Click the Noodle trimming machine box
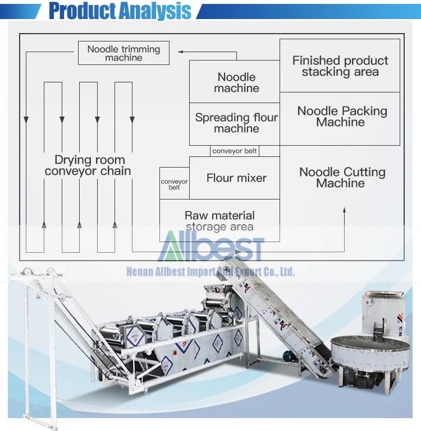[x=123, y=53]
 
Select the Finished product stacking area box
[x=340, y=66]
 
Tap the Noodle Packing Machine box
[x=340, y=119]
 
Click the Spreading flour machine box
[x=235, y=124]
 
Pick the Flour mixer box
[x=235, y=178]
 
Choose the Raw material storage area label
[x=219, y=221]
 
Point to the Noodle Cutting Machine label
[x=342, y=178]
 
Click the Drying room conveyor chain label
[x=88, y=165]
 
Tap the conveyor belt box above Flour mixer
[x=235, y=151]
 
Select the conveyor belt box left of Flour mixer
[x=174, y=183]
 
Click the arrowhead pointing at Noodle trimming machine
[x=181, y=52]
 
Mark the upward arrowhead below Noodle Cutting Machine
[x=344, y=210]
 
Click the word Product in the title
[x=82, y=11]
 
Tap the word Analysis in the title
[x=155, y=11]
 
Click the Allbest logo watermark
[x=211, y=246]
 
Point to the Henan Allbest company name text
[x=210, y=272]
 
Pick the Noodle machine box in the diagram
[x=235, y=82]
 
